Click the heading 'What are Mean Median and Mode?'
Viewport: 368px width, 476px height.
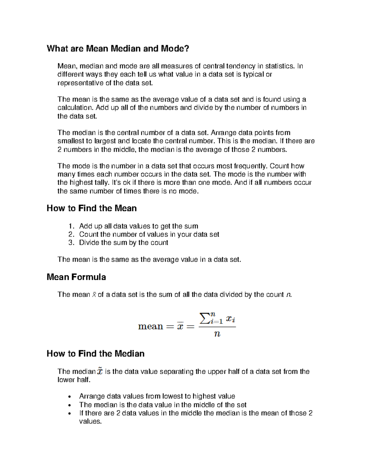pyautogui.click(x=118, y=48)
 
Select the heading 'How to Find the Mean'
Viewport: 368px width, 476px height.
pyautogui.click(x=91, y=208)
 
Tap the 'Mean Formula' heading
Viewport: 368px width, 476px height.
pyautogui.click(x=76, y=277)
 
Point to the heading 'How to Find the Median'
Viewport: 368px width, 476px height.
pyautogui.click(x=95, y=354)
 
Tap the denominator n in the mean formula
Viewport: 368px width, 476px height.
pyautogui.click(x=217, y=334)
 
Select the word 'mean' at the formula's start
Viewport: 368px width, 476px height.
pyautogui.click(x=150, y=326)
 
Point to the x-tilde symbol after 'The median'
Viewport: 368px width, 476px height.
pyautogui.click(x=100, y=371)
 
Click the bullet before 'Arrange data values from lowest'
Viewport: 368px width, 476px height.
pyautogui.click(x=71, y=397)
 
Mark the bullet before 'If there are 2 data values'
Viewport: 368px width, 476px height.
pyautogui.click(x=71, y=413)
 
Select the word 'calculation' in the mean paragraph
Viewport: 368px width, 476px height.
pyautogui.click(x=75, y=108)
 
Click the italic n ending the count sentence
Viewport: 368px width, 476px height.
pyautogui.click(x=288, y=295)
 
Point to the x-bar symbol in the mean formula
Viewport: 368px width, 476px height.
pyautogui.click(x=180, y=326)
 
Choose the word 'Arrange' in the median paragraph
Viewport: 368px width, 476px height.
pyautogui.click(x=223, y=133)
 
